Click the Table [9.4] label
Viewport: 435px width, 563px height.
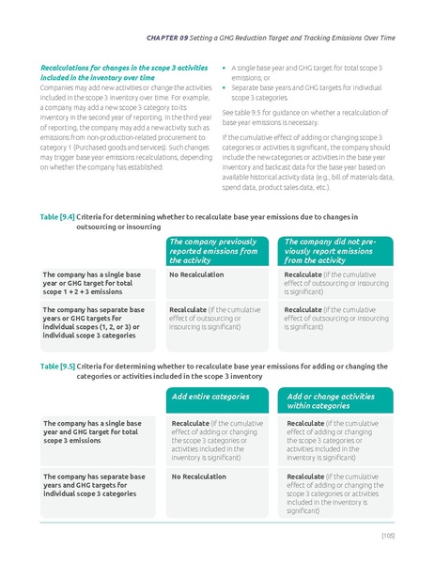click(56, 217)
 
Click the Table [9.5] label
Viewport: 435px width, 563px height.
click(56, 366)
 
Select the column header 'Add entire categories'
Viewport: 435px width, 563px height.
click(210, 396)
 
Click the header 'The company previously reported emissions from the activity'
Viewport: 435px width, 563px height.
click(213, 251)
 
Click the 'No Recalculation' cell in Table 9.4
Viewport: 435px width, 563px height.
click(195, 275)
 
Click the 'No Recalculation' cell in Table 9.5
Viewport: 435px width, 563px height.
click(199, 477)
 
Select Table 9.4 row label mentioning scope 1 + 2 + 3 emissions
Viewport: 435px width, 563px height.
click(93, 283)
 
